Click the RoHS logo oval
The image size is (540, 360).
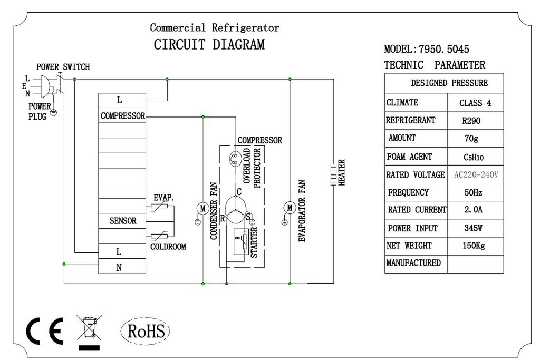[121, 331]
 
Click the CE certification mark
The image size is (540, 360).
[45, 331]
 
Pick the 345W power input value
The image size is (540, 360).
[473, 228]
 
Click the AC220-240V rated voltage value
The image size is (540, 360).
[476, 174]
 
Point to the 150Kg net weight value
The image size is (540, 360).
[474, 246]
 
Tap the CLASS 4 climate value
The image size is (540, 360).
[475, 103]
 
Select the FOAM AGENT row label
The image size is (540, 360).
[409, 157]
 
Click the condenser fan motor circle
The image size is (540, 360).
[203, 208]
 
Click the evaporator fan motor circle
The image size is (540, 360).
[290, 208]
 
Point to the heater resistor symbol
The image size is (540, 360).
[333, 174]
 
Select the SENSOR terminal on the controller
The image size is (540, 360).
[122, 221]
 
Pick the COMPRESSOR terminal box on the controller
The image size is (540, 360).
[122, 115]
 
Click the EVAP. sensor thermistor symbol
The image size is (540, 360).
[159, 206]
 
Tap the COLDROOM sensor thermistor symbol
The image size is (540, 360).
[159, 236]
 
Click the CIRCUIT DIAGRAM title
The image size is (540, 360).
[209, 45]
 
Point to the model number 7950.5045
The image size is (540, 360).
[444, 49]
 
